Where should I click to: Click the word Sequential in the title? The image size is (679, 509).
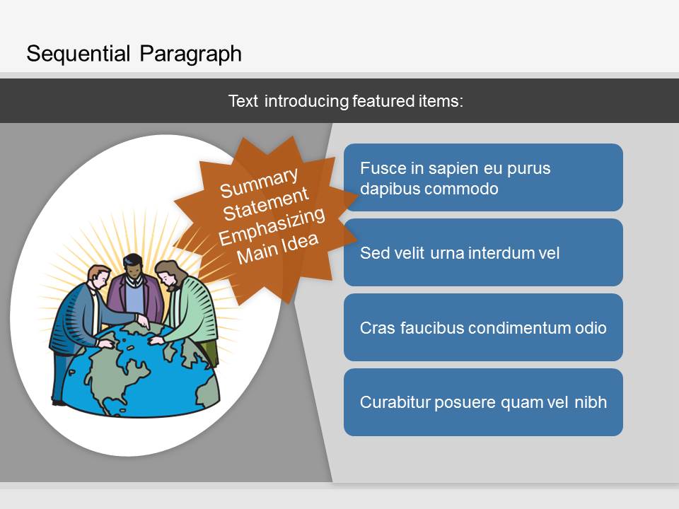click(x=79, y=54)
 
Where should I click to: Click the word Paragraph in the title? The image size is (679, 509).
click(x=190, y=55)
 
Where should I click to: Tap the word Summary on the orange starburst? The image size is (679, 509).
click(x=259, y=182)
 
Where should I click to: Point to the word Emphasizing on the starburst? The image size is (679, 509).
click(x=272, y=226)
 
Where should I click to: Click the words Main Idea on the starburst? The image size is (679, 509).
click(x=277, y=249)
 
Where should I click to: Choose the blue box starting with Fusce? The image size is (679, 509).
click(x=483, y=177)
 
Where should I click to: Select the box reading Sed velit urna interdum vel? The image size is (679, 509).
click(x=483, y=252)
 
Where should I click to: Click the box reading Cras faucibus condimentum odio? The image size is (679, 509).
click(x=483, y=327)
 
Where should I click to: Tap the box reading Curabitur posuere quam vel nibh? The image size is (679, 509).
click(x=483, y=402)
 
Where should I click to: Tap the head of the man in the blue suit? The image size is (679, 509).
click(x=100, y=277)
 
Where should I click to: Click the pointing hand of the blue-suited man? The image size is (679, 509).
click(x=142, y=321)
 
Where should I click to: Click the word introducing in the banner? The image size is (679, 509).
click(x=306, y=101)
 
